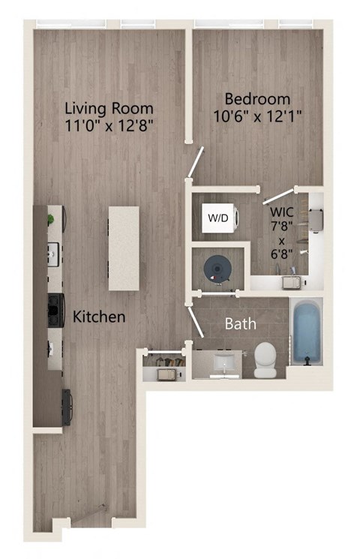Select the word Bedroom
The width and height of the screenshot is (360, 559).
tap(258, 99)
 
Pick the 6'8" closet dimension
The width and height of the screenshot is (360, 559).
tap(282, 256)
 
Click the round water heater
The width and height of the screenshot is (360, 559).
tap(217, 269)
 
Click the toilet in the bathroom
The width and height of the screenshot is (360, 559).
tap(265, 359)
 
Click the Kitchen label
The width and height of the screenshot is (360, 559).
tap(98, 317)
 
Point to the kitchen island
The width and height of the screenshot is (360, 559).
tap(124, 248)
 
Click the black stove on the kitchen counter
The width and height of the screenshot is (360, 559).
tap(55, 306)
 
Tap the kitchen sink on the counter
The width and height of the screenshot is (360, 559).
tap(54, 255)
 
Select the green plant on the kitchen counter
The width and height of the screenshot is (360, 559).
tap(50, 220)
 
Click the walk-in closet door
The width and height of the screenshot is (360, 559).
tap(270, 197)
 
